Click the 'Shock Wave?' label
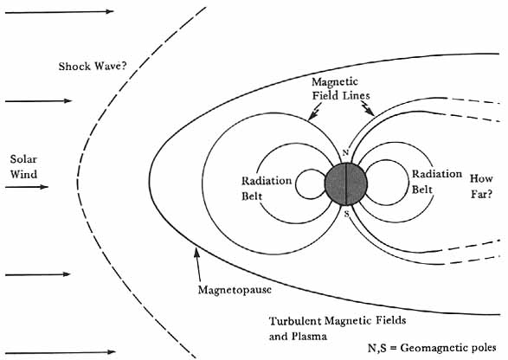tap(93, 67)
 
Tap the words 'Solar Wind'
tap(23, 166)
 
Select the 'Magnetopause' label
tap(235, 290)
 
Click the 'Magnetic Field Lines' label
tap(340, 88)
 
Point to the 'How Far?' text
tap(481, 186)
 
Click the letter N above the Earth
tap(345, 152)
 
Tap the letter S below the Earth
tap(347, 214)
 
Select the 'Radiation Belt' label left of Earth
tap(267, 189)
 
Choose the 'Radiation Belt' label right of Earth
tap(437, 182)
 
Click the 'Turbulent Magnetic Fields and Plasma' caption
tap(338, 329)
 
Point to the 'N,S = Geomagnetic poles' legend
tap(432, 348)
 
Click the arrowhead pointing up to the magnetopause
tap(196, 253)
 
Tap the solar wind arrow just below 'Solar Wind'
tap(27, 187)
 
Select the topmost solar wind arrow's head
tap(110, 11)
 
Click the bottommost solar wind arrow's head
tap(111, 352)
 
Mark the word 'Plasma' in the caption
tap(309, 337)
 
